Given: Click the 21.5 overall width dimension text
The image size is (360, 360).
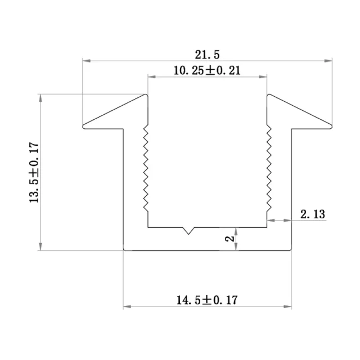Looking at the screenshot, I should tap(206, 55).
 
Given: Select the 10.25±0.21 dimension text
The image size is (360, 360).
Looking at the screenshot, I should tap(206, 70).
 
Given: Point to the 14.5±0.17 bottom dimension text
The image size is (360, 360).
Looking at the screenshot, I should tap(206, 299).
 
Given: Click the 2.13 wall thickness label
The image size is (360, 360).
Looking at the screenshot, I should tap(313, 214).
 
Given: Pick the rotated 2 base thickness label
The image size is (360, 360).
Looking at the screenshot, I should tap(229, 238).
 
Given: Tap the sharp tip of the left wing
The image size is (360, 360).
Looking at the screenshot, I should tap(84, 125).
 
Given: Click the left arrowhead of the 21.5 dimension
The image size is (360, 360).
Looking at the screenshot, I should tap(86, 60).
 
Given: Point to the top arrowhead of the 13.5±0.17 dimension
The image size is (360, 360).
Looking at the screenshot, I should tap(40, 97).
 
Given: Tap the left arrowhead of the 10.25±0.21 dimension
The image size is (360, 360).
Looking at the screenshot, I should tap(151, 76).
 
